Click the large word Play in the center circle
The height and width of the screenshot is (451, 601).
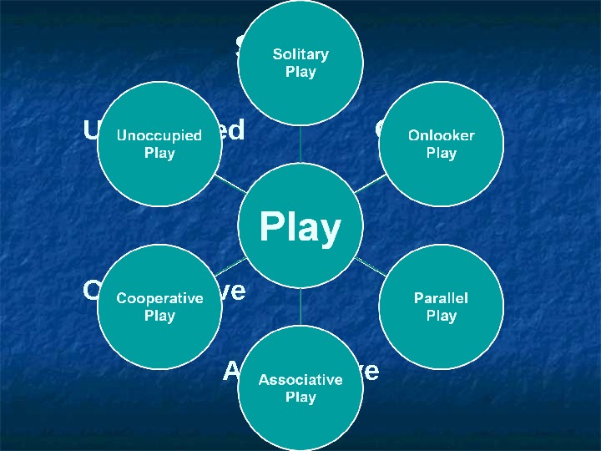(x=300, y=228)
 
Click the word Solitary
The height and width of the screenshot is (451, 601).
(x=300, y=54)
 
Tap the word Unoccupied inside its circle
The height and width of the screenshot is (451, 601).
(x=159, y=135)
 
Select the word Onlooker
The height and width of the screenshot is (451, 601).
(x=441, y=135)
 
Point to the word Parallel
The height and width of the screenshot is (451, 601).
(x=441, y=298)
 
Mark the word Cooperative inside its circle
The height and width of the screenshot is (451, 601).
(x=159, y=298)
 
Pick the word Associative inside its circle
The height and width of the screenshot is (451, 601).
(x=300, y=380)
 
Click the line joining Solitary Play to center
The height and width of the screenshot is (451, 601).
(x=300, y=142)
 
